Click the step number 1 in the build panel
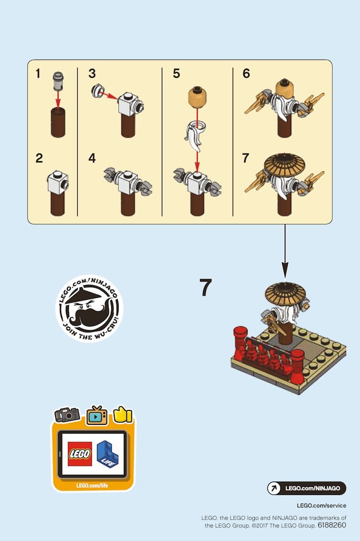38,73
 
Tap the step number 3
92,73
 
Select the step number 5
176,73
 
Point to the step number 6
246,73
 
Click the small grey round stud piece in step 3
97,90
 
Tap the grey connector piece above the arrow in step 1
58,82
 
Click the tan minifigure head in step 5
197,96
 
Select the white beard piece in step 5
195,135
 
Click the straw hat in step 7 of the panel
284,165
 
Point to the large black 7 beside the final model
206,287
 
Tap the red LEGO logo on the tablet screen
80,454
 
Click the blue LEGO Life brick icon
108,454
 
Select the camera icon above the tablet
67,415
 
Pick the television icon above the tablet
96,415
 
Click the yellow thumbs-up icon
123,414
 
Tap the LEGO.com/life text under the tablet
92,485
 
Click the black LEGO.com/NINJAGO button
307,488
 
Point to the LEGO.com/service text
321,506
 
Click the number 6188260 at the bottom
332,525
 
